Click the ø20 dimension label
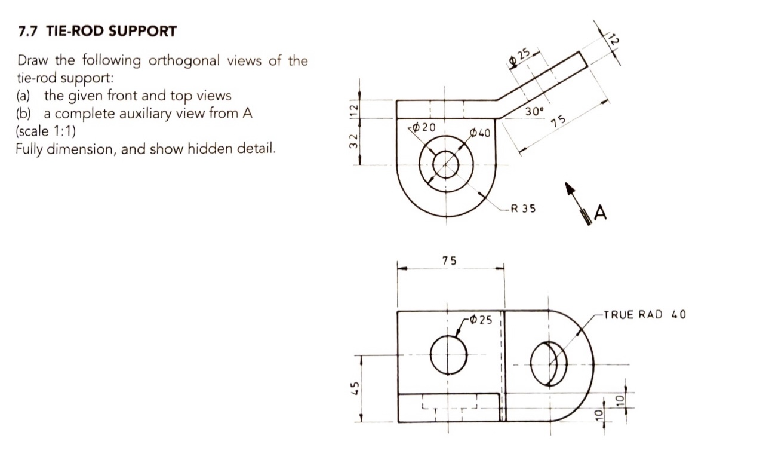click(424, 127)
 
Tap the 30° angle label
click(534, 112)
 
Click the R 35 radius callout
click(523, 209)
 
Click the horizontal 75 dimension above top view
click(450, 260)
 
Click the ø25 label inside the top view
click(481, 320)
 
